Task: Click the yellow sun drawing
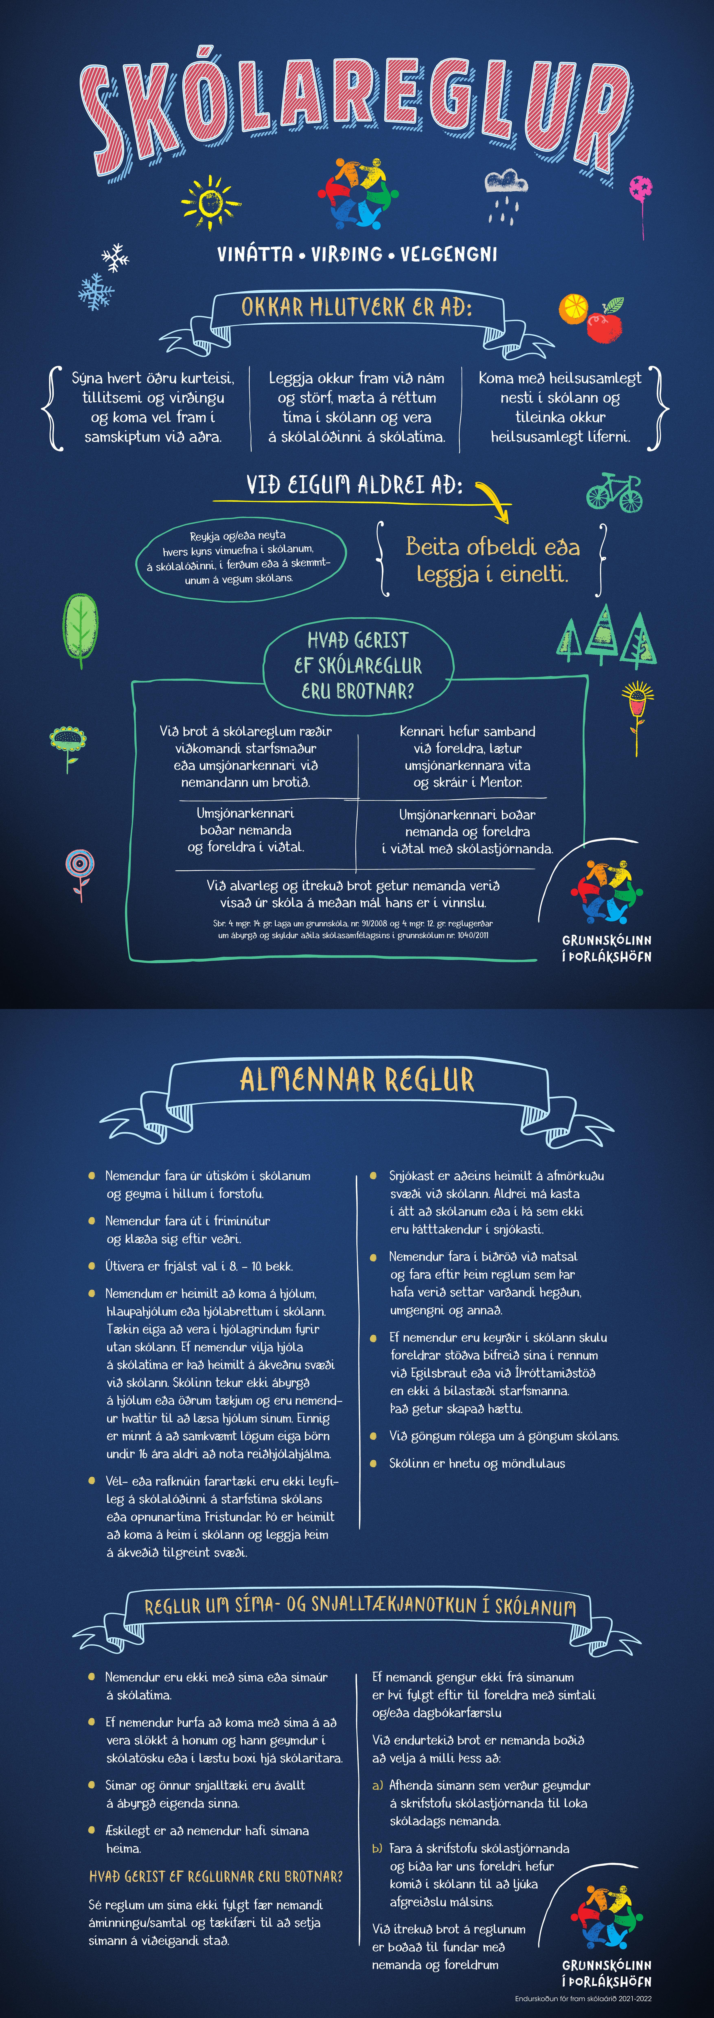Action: pos(209,202)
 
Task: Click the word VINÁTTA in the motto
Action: pos(255,254)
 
